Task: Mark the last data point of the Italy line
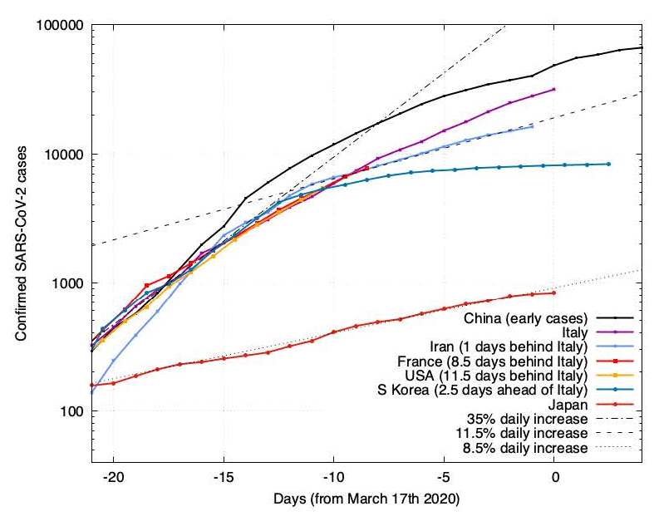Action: [554, 89]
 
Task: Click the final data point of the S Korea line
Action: [609, 164]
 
